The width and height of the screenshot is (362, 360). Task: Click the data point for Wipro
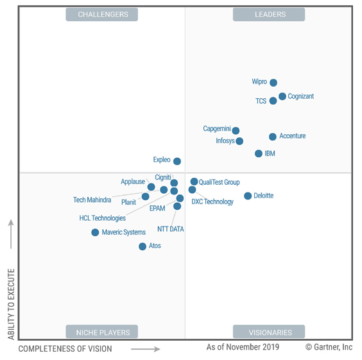(273, 83)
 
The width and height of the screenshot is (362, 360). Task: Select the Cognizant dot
(282, 97)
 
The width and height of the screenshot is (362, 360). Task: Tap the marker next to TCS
(273, 101)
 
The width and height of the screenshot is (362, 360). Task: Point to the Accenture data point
(273, 137)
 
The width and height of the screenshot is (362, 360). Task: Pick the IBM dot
(259, 154)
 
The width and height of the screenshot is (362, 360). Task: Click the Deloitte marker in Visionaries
(248, 196)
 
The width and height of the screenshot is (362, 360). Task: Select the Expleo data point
(177, 162)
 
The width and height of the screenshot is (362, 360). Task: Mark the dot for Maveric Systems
(95, 232)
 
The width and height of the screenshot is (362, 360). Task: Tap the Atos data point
(142, 246)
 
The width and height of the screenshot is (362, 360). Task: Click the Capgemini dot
(236, 131)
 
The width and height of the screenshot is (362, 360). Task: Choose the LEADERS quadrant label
(269, 14)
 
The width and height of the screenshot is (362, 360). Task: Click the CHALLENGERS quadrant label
(103, 14)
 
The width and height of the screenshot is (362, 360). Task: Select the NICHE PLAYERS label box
(103, 332)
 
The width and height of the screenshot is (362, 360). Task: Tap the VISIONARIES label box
(269, 332)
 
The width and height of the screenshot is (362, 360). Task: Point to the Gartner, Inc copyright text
(329, 347)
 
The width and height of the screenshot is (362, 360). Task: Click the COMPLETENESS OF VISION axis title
(65, 349)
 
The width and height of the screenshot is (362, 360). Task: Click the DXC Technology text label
(212, 202)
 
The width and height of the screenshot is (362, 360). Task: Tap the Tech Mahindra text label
(92, 200)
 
